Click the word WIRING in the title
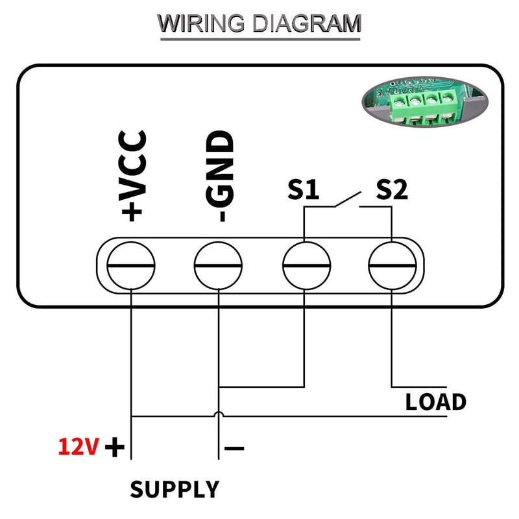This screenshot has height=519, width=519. point(201,23)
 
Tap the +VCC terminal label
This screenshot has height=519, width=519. point(132,175)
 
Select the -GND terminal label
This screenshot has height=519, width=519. point(220,176)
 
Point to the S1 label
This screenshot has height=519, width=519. point(303,189)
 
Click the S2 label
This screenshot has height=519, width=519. point(392,189)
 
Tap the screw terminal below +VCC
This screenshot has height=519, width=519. point(131,265)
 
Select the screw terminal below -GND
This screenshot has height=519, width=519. point(218,265)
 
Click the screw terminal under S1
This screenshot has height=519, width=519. point(306,265)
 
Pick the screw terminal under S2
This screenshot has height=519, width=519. point(392,265)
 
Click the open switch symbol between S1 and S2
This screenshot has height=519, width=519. point(348,199)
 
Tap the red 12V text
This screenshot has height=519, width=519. point(78,447)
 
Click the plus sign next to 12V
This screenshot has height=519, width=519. point(115,447)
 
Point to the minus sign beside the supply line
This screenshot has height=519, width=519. point(234,448)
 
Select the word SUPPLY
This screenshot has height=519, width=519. point(175,489)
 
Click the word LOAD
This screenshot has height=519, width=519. point(435,402)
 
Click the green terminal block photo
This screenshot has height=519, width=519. point(425,102)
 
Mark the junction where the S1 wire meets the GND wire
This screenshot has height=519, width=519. point(219,387)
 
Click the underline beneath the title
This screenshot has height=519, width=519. point(260,40)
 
